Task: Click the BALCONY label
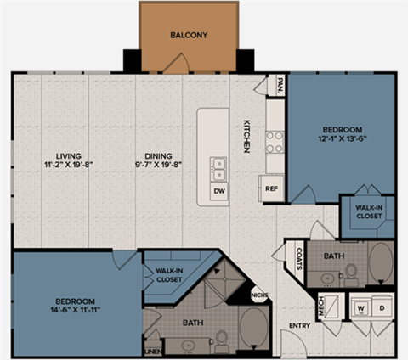(189, 36)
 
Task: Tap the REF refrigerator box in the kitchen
(271, 188)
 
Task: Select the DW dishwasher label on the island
(218, 191)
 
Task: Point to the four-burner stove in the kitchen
(275, 140)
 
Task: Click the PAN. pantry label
(280, 85)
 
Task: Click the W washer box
(360, 307)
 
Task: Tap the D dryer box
(381, 307)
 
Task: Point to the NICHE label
(260, 295)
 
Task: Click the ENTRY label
(298, 325)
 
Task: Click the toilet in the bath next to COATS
(349, 272)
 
